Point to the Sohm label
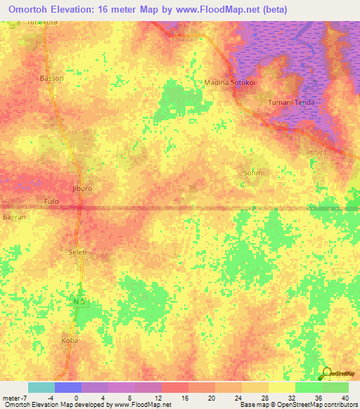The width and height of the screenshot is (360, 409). (252, 172)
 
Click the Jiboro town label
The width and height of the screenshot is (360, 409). (82, 189)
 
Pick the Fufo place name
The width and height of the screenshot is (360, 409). (51, 202)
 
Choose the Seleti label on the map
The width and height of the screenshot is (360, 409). (77, 252)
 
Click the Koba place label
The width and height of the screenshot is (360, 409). (70, 341)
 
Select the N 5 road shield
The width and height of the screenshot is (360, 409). (80, 301)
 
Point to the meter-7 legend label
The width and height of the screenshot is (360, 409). (14, 398)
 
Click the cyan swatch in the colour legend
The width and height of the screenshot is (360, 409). (41, 387)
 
